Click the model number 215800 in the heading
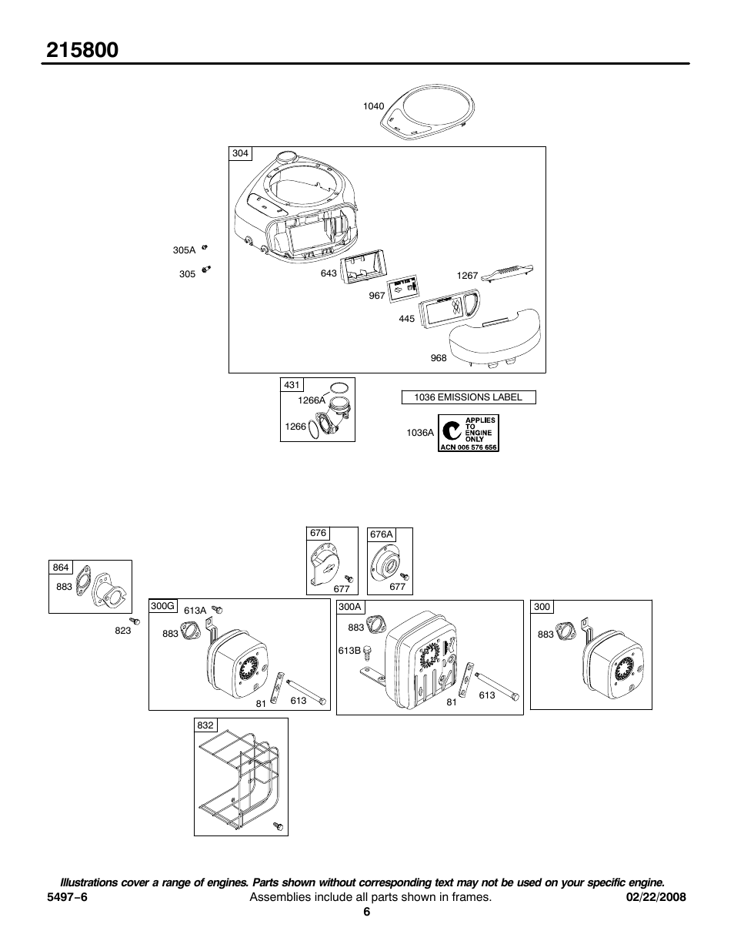(x=82, y=50)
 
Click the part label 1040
(x=373, y=106)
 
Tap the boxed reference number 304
(x=240, y=153)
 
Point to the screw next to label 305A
(x=205, y=247)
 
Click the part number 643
(x=329, y=273)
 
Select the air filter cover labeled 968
(x=496, y=340)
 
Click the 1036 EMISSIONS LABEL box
(x=468, y=397)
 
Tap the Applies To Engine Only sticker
(x=469, y=433)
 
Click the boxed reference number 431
(x=292, y=384)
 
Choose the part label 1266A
(x=312, y=400)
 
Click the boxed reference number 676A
(x=381, y=534)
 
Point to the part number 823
(x=122, y=630)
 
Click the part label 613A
(x=195, y=611)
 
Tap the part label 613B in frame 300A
(x=349, y=651)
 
